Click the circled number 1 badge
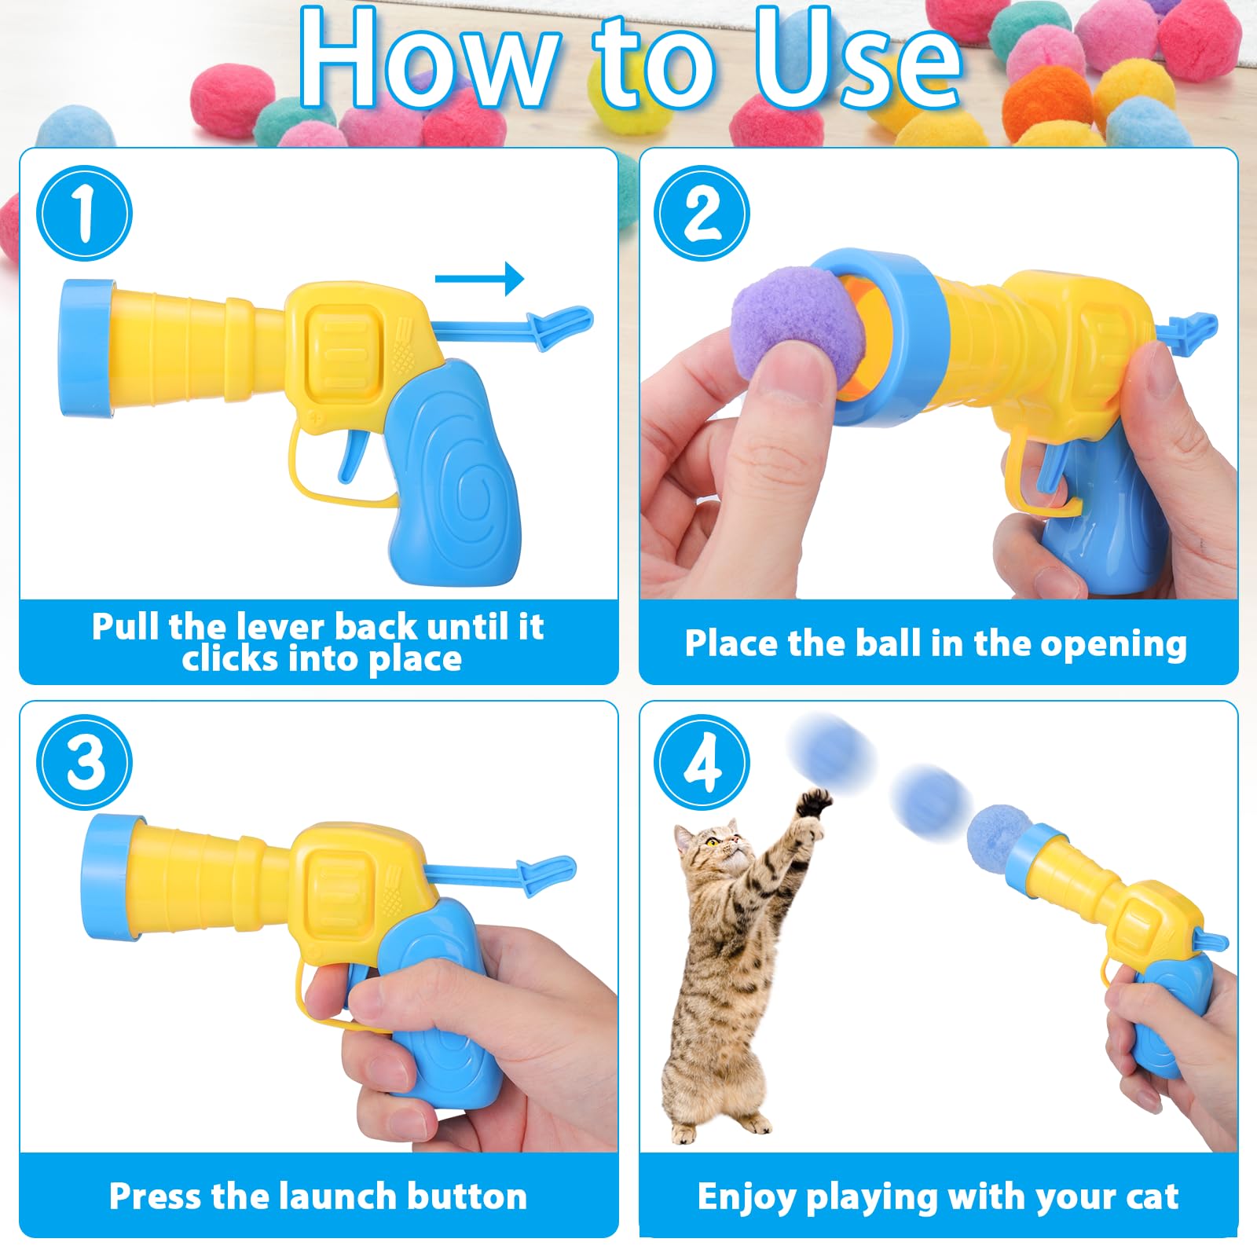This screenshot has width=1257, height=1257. coord(84,213)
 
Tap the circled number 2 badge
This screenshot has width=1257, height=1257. coord(702,213)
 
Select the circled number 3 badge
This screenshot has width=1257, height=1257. coord(84,762)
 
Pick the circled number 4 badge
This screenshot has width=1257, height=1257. coord(702,762)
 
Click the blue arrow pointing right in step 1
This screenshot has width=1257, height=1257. coord(479,279)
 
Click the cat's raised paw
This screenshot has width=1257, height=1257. coord(814,803)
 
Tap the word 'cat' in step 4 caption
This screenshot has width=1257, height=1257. coord(1152,1197)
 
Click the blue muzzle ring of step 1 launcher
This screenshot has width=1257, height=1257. coord(82,348)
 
